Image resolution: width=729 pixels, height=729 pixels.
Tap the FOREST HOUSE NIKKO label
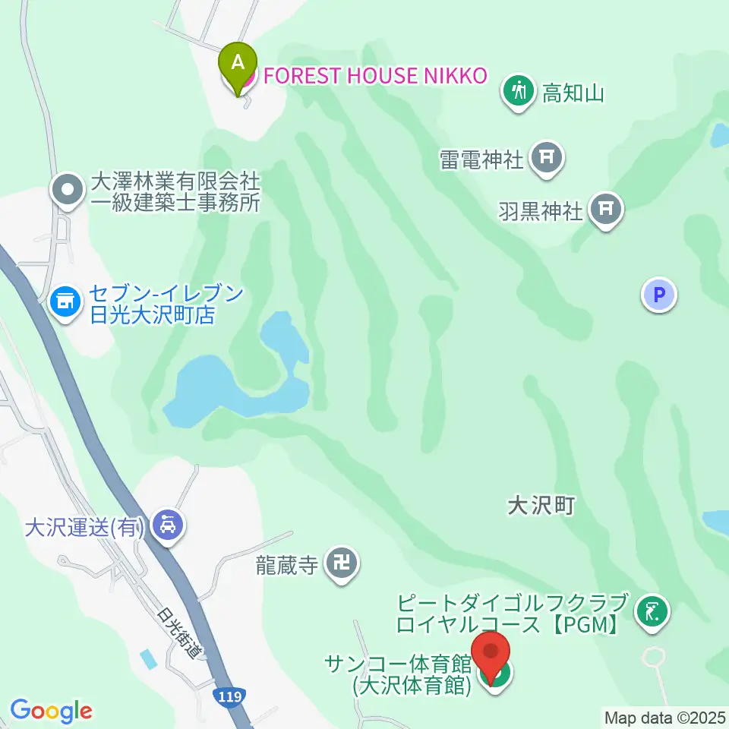click(371, 76)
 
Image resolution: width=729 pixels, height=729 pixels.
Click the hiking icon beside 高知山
click(519, 90)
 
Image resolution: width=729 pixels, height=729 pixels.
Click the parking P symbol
click(658, 294)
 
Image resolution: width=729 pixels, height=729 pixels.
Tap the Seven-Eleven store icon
click(65, 302)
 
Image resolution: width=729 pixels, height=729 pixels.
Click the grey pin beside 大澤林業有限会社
click(68, 188)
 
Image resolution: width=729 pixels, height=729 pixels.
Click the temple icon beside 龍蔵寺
click(342, 563)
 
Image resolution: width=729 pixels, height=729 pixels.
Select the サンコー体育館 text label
click(399, 664)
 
